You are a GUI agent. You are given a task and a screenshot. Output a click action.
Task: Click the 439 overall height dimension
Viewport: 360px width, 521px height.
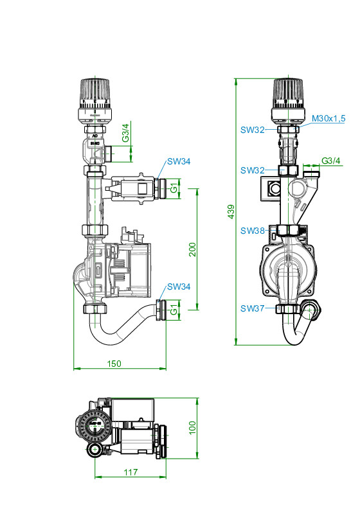pos(231,211)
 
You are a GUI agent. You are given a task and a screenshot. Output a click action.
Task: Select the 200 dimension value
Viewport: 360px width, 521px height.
pos(192,249)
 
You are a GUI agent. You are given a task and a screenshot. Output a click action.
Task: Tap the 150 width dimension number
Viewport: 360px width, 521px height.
pos(114,364)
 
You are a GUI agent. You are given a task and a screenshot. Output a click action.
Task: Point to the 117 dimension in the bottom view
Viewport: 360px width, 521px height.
pos(130,472)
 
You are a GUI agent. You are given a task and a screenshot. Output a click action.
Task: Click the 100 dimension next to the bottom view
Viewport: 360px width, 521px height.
pos(192,428)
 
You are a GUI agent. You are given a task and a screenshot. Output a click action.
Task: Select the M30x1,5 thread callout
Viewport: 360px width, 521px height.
pos(328,118)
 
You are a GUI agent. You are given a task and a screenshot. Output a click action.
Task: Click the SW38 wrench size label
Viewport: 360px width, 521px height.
pos(253,231)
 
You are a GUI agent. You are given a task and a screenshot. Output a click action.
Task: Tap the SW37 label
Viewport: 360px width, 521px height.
pos(253,308)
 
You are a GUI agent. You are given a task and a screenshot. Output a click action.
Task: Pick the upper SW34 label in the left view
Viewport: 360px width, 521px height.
pos(179,161)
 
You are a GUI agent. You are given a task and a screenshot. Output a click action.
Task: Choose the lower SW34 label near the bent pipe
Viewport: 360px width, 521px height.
pos(179,287)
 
